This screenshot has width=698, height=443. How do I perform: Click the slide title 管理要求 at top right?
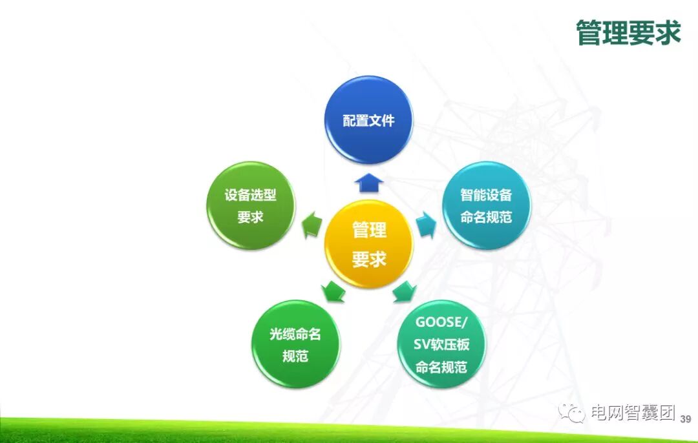(628, 33)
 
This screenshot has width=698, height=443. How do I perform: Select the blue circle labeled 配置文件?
(368, 120)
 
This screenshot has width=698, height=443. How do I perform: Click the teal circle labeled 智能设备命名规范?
(486, 205)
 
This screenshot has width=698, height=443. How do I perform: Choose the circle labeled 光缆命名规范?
(295, 344)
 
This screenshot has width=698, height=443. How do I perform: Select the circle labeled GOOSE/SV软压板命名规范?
(441, 344)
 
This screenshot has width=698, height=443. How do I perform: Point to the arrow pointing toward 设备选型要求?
(313, 223)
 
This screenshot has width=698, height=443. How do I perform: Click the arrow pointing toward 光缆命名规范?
(333, 291)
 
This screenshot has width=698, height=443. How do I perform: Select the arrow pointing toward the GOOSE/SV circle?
(405, 291)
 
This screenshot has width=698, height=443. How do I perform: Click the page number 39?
(686, 418)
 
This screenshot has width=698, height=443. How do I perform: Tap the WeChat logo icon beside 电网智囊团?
(572, 413)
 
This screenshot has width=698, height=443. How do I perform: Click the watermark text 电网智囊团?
(631, 413)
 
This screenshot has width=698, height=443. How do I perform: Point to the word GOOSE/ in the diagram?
(441, 322)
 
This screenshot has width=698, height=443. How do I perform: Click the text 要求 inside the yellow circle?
(368, 259)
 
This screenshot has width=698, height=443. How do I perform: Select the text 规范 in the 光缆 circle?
(295, 356)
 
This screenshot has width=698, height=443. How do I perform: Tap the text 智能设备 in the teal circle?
(486, 194)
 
